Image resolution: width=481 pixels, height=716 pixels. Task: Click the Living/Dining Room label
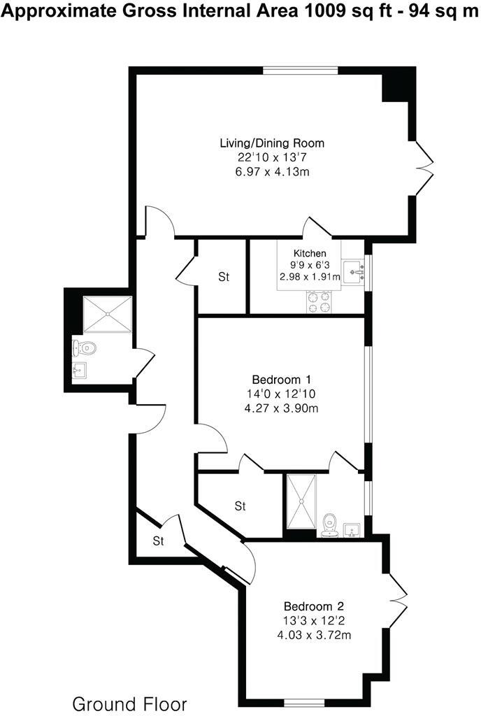coord(272,143)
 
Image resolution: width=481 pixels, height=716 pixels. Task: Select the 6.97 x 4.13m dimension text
coord(272,171)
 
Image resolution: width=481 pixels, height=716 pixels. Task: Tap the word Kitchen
coord(309,253)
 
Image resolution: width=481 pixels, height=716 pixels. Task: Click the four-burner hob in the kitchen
coord(319,301)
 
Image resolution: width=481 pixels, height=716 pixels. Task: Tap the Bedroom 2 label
coord(313,606)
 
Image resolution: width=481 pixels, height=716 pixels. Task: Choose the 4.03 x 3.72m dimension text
coord(313,635)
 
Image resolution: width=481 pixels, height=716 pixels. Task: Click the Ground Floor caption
coord(130,703)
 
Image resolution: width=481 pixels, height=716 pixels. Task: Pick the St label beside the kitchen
coord(224,278)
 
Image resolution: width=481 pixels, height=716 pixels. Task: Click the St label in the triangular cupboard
coord(159,540)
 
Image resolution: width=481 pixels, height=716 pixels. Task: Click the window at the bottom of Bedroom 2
coord(304,701)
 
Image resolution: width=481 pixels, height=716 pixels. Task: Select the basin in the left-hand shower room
coord(80,370)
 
